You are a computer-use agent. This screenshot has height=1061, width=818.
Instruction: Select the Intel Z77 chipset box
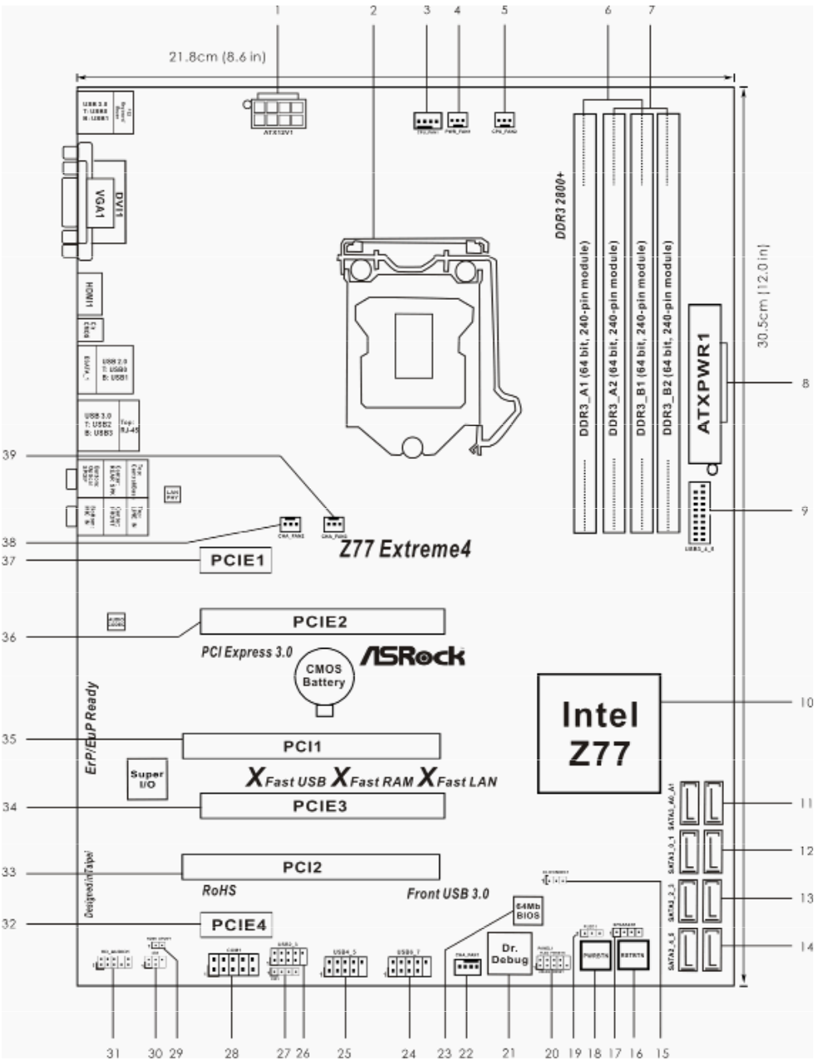pos(599,732)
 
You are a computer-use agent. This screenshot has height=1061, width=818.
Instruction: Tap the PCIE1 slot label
pos(236,560)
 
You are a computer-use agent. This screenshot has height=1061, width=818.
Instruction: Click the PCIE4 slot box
pos(237,924)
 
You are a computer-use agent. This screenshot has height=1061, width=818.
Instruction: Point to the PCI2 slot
pos(311,867)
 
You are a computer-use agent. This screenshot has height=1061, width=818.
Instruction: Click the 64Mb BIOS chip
pos(528,909)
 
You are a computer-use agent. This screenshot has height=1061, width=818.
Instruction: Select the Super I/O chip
pos(147,779)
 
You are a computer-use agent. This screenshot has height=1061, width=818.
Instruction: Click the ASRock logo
pos(413,655)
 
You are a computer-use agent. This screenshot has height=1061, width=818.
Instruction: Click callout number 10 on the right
pos(805,702)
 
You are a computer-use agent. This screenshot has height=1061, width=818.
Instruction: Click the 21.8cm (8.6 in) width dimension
pos(217,57)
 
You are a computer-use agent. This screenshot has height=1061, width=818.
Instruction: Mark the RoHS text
pos(219,890)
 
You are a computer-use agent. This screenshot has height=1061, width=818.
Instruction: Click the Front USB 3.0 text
pos(448,894)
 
